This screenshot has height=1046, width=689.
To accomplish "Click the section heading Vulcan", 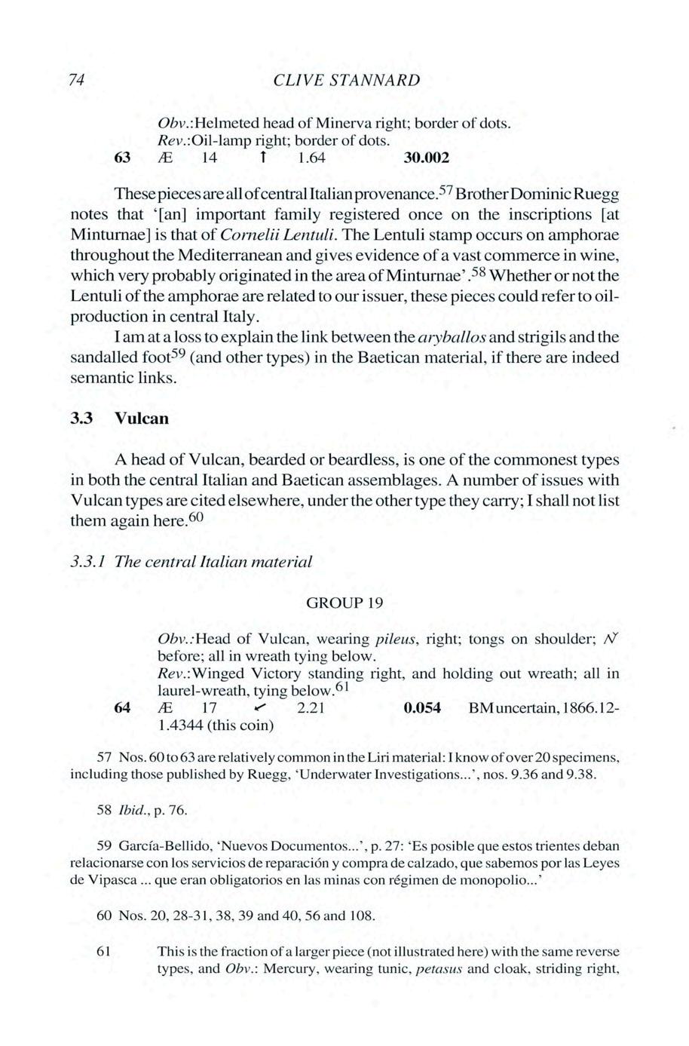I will point(142,418).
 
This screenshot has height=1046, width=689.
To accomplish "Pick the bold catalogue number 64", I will point(121,707).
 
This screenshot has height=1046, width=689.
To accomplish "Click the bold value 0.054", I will point(422,707).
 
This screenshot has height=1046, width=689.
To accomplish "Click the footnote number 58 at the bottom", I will point(105,810).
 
